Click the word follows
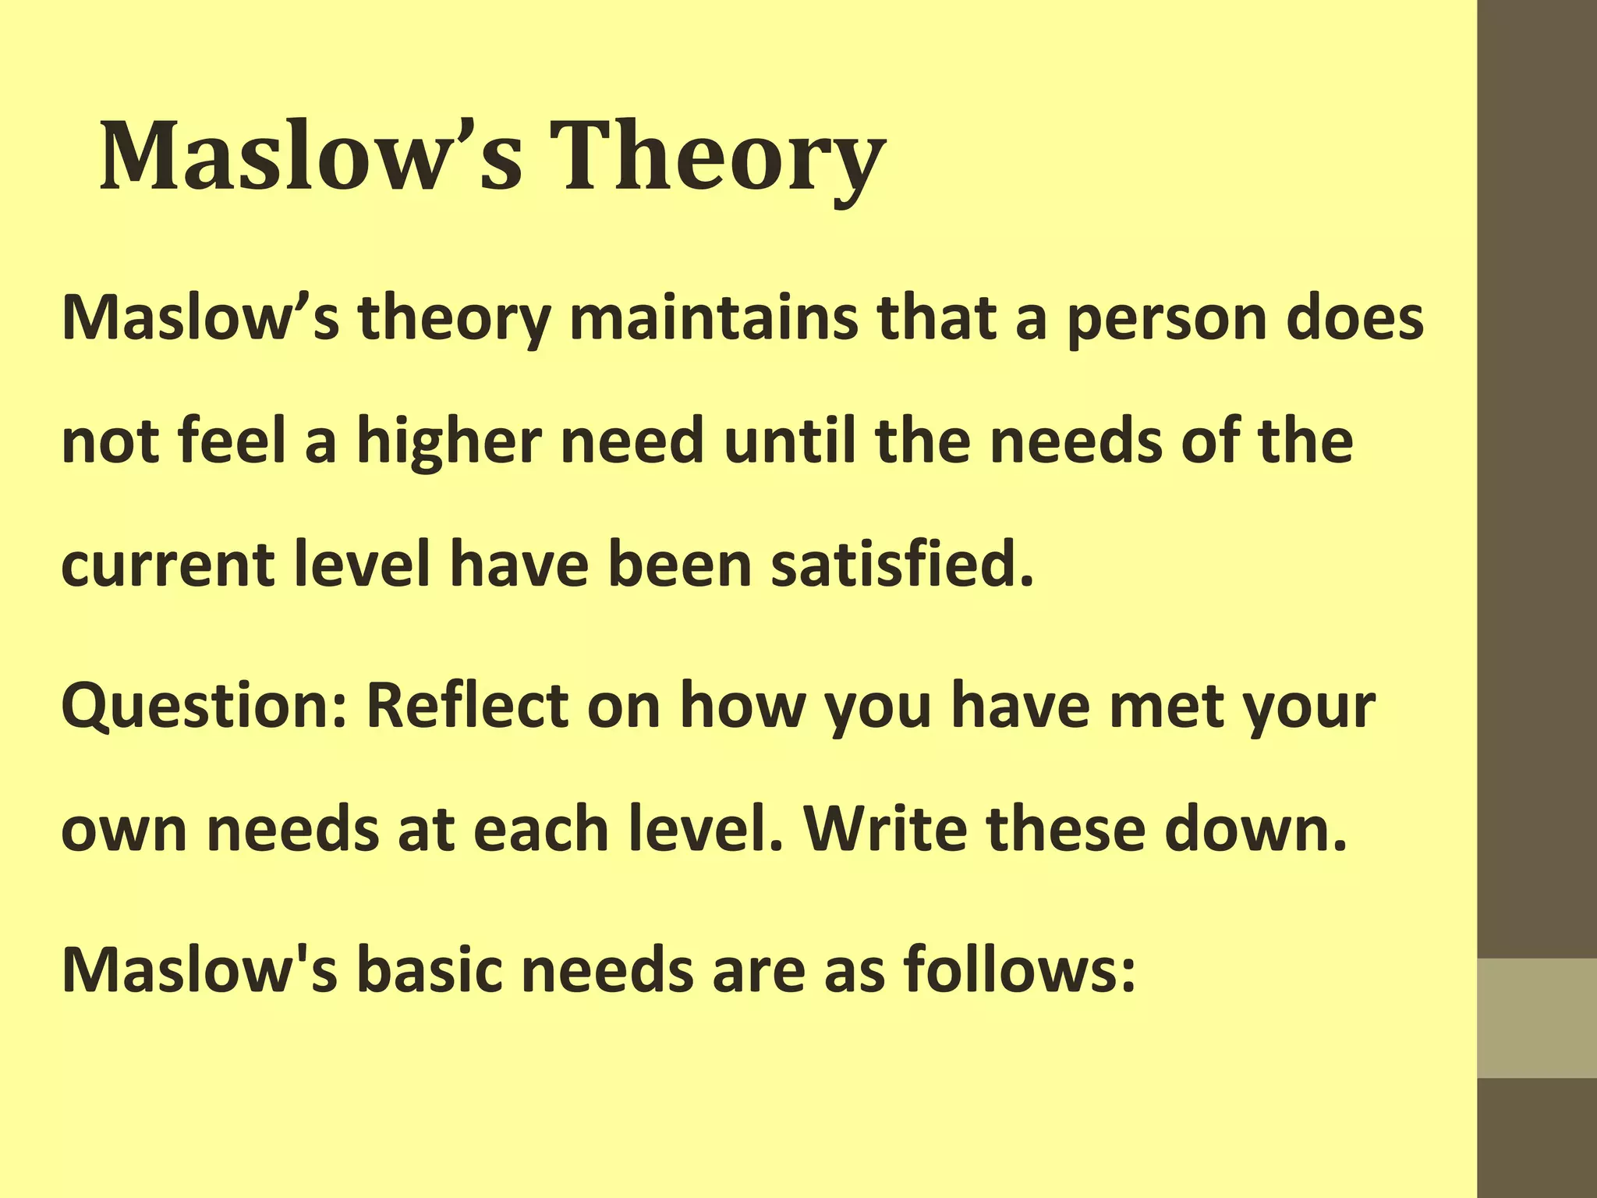click(1018, 970)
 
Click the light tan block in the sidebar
click(1537, 1018)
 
